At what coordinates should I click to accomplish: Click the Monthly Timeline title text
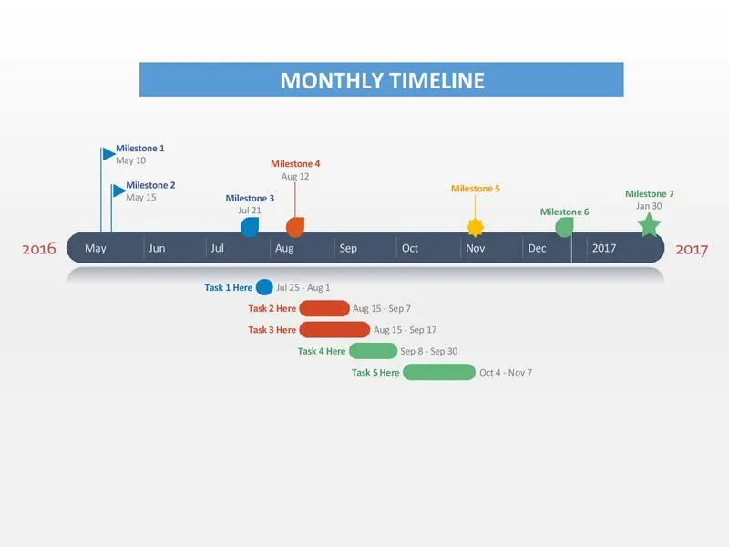click(382, 80)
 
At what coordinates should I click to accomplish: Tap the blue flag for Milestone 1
click(108, 153)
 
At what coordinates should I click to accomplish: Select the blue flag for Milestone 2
click(119, 191)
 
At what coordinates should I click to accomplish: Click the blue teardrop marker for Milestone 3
click(250, 227)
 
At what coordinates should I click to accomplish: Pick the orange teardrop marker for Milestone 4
click(295, 227)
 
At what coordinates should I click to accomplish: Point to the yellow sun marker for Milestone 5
click(475, 227)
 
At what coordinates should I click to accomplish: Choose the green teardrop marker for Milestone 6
click(564, 227)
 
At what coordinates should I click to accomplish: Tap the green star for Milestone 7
click(649, 225)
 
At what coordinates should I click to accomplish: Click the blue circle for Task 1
click(264, 287)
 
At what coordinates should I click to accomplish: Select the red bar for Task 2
click(324, 308)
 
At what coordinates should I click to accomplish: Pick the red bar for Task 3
click(334, 330)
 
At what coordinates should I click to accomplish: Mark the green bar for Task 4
click(374, 351)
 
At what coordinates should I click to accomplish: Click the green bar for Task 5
click(439, 373)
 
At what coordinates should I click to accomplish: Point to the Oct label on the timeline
click(410, 248)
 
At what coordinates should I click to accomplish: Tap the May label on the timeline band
click(96, 248)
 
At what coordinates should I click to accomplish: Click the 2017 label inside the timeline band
click(604, 248)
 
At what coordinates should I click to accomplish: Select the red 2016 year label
click(39, 249)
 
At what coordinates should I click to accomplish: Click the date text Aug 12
click(295, 176)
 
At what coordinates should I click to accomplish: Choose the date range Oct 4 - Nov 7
click(506, 373)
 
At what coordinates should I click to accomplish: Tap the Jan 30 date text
click(649, 206)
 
